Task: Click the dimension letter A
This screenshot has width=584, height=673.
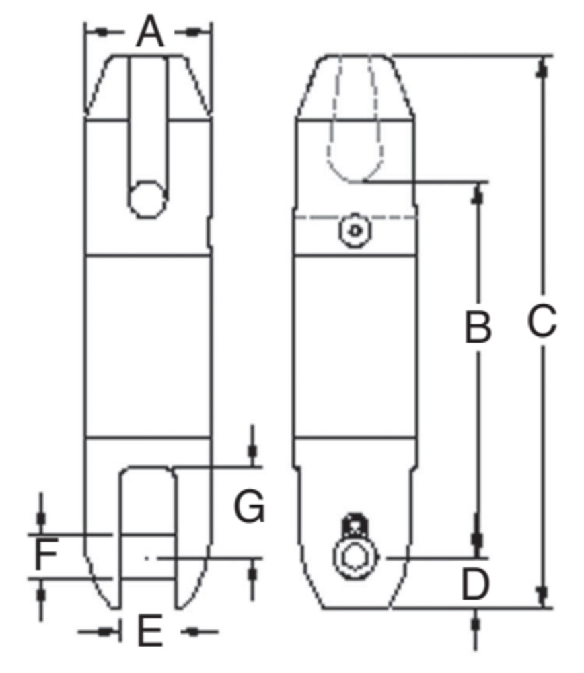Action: click(149, 32)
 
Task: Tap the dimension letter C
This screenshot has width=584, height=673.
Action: click(542, 322)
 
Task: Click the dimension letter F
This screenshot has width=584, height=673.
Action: click(44, 557)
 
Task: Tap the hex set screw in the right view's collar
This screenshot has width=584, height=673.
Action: click(355, 231)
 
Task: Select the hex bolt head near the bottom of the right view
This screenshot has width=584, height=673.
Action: click(355, 558)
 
